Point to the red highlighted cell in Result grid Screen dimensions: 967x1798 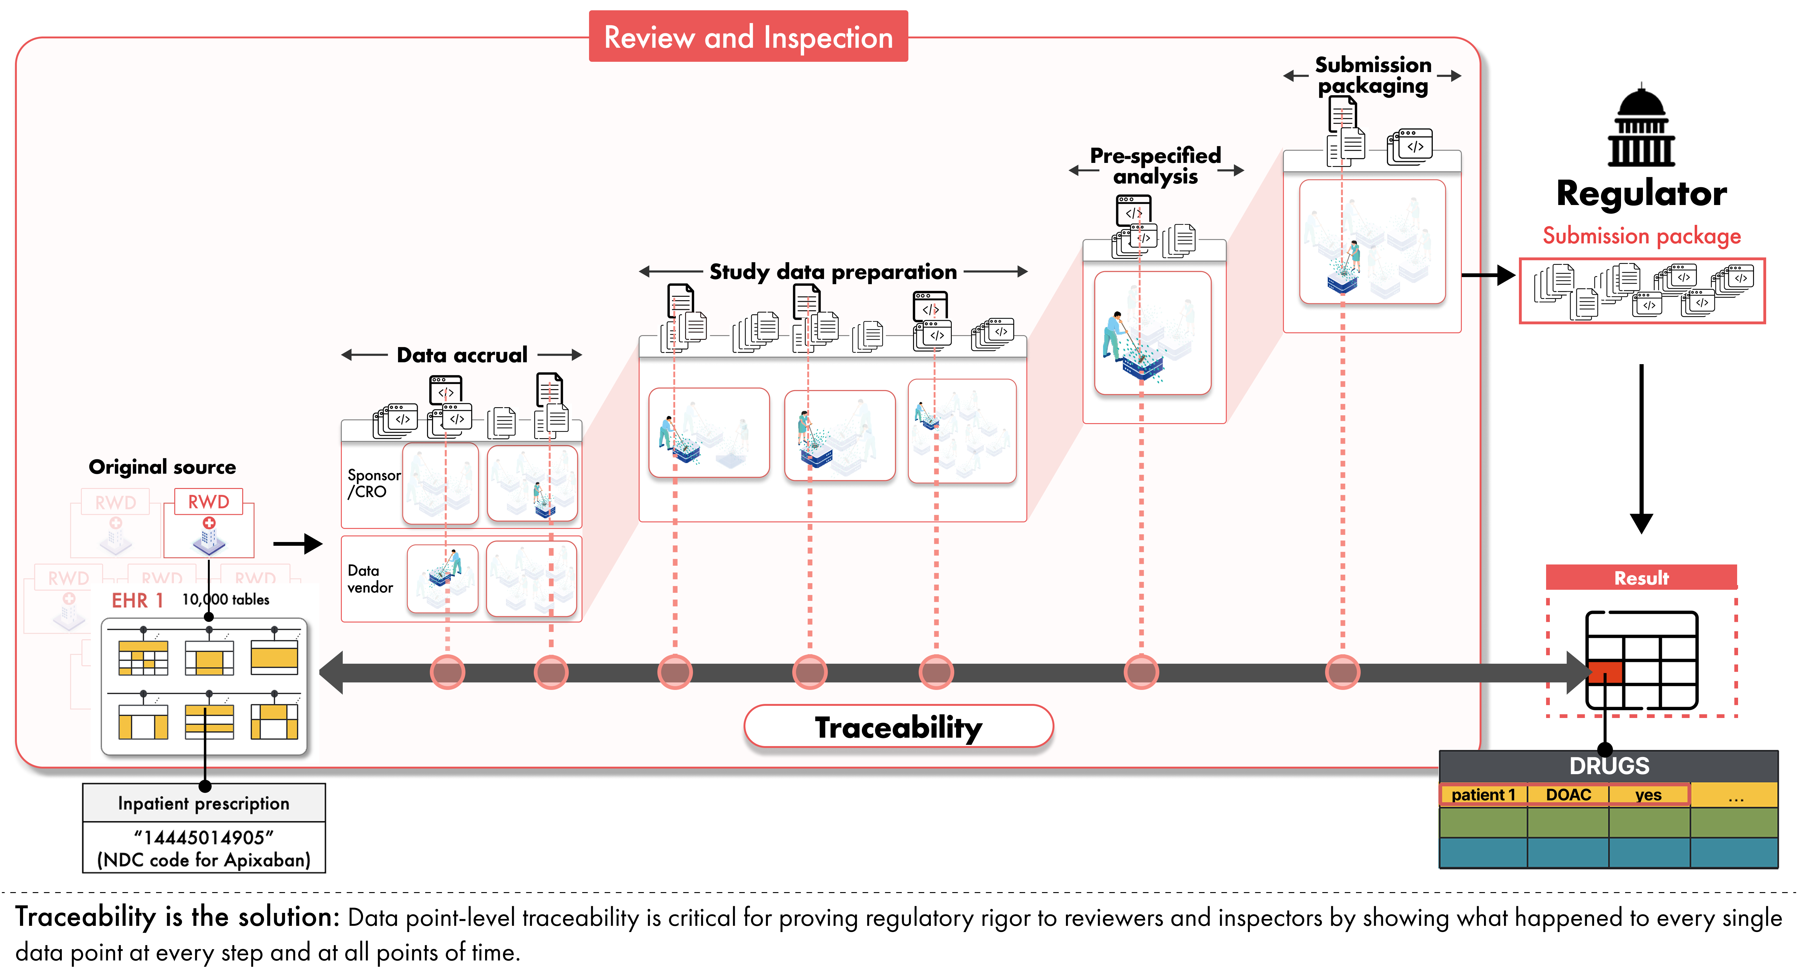[x=1605, y=672]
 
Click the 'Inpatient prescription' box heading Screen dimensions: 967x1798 [x=204, y=803]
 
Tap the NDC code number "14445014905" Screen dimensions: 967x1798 [x=204, y=837]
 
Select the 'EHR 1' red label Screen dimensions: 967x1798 [x=137, y=600]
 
